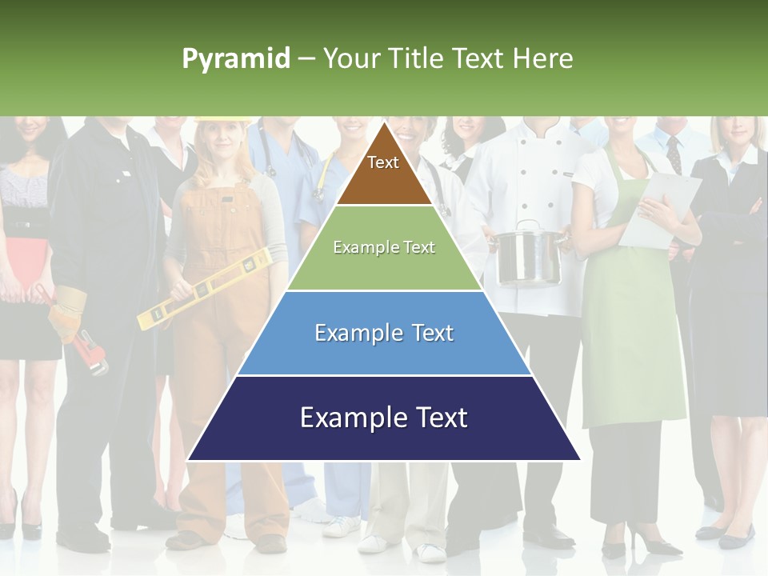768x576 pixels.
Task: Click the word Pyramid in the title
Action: [236, 58]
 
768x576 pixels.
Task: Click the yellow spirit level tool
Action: [205, 289]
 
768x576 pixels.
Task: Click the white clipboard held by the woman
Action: [661, 208]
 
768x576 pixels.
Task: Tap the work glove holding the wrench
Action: [68, 312]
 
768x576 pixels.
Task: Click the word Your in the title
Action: [350, 58]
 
